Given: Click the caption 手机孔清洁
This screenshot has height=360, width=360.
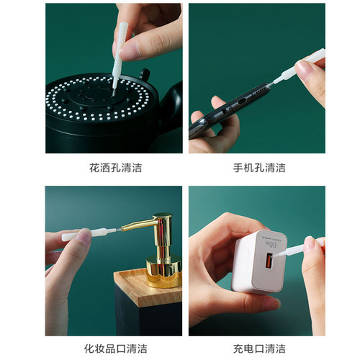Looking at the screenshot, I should click(258, 168).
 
